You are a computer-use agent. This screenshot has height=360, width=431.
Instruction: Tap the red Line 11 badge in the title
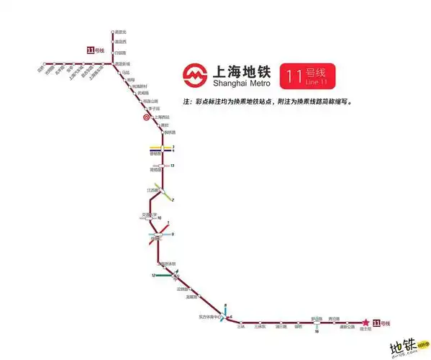309,75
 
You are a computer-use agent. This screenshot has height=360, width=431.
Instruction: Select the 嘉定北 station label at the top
121,32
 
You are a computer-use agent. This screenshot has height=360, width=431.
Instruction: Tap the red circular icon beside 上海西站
145,116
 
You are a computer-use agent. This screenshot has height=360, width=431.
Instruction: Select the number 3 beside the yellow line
173,147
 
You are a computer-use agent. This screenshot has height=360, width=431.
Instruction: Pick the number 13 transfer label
173,166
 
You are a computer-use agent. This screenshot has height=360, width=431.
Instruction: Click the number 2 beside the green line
173,199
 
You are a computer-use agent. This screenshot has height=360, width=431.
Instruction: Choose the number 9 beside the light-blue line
173,234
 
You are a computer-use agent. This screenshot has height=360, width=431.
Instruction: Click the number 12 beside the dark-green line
153,276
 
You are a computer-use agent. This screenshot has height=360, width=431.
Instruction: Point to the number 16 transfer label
316,331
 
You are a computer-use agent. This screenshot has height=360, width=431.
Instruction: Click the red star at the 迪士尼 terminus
365,323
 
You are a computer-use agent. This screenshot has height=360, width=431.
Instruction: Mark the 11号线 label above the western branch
94,50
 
